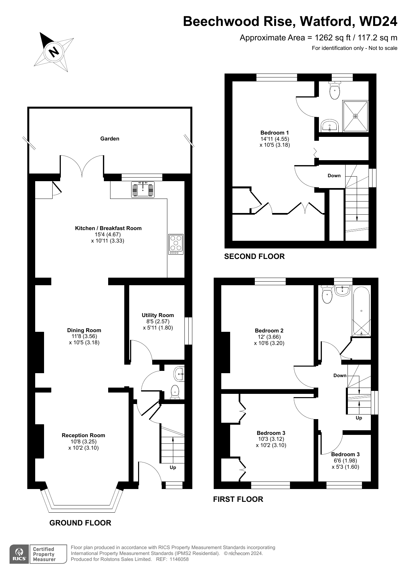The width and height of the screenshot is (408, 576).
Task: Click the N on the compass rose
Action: [x=54, y=52]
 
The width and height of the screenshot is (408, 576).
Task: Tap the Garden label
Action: [x=110, y=139]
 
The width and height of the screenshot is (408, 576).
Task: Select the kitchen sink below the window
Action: [x=143, y=189]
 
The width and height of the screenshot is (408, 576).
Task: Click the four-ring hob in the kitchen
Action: [x=176, y=244]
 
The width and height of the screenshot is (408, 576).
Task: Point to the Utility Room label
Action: [x=158, y=315]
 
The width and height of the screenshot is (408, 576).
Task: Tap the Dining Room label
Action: [x=84, y=330]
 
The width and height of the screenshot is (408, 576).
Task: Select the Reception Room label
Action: [x=84, y=435]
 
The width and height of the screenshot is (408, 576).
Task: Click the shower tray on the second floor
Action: [x=355, y=116]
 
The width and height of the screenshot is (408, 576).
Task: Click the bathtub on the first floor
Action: [x=362, y=312]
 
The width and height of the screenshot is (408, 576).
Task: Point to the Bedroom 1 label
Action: [x=275, y=133]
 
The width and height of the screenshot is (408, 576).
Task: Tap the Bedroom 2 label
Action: [x=269, y=331]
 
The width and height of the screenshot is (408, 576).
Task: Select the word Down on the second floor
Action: [x=334, y=176]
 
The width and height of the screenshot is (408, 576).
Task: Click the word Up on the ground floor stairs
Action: [x=173, y=467]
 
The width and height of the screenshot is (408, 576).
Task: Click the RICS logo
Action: [x=19, y=554]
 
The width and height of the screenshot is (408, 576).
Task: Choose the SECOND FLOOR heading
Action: [x=254, y=256]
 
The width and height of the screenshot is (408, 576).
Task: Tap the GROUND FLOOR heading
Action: [x=80, y=523]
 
